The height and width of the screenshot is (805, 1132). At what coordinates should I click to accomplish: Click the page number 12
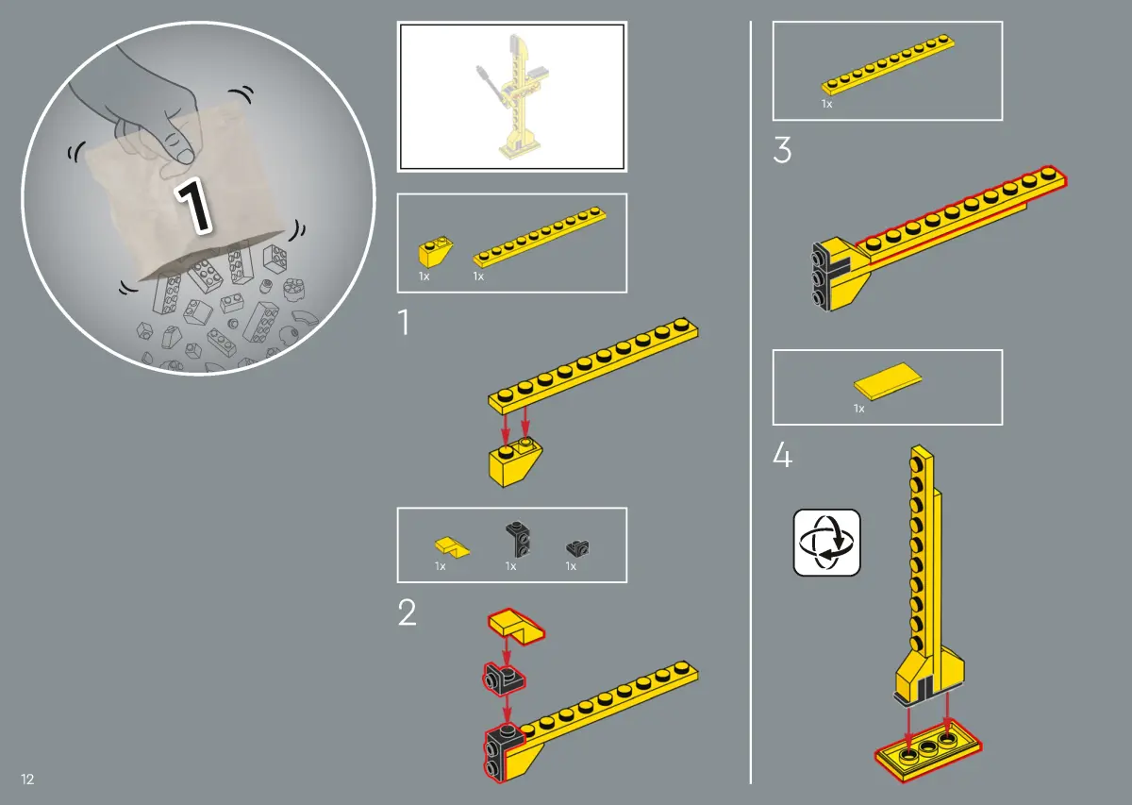[x=27, y=780]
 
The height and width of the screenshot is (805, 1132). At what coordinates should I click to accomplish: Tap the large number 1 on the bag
[x=193, y=207]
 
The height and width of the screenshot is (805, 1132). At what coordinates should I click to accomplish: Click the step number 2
[x=408, y=612]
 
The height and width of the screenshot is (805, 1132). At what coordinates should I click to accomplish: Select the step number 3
[x=782, y=150]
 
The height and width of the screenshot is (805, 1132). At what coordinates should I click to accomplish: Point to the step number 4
[x=782, y=455]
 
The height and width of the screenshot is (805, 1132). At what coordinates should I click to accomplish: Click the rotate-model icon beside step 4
[x=826, y=543]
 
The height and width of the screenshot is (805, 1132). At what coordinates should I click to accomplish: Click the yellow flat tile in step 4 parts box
[x=888, y=380]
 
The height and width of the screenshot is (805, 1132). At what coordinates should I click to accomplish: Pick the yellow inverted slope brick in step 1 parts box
[x=435, y=251]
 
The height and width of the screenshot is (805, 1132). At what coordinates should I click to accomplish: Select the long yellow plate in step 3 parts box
[x=888, y=64]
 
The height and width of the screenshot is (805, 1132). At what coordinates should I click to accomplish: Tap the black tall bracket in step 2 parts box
[x=518, y=540]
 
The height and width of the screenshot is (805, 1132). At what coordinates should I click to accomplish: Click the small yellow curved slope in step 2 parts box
[x=452, y=547]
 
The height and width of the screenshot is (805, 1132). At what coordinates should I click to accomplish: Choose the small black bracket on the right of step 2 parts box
[x=577, y=547]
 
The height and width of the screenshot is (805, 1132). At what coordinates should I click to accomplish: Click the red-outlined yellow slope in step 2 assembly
[x=516, y=627]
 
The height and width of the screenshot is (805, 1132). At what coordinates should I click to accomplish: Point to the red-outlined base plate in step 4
[x=928, y=752]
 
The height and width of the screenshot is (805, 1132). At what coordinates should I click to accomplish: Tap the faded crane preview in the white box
[x=511, y=96]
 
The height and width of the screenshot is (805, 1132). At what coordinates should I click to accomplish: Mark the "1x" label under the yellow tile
[x=858, y=409]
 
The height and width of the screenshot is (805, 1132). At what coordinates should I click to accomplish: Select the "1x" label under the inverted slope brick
[x=424, y=277]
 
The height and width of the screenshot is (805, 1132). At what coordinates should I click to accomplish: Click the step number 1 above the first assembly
[x=404, y=322]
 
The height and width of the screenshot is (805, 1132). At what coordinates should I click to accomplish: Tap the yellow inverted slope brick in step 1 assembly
[x=515, y=462]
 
